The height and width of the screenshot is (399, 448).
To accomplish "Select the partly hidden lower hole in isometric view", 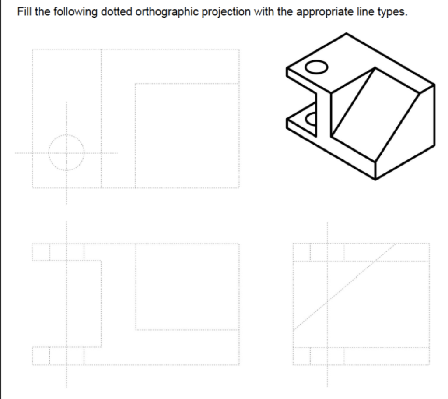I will click(310, 118).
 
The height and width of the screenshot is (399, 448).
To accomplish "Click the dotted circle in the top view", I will click(66, 153).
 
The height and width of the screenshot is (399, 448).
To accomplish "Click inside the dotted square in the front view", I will click(187, 287).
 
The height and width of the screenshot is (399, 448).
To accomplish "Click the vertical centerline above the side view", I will click(326, 232).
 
